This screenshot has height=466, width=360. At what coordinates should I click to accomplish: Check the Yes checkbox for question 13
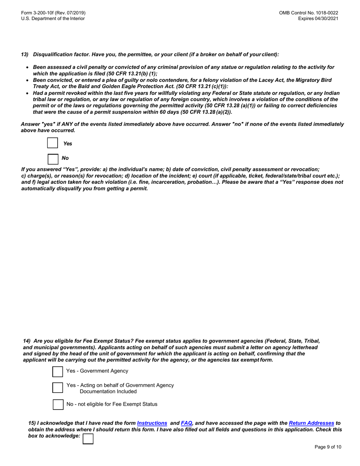coord(53,143)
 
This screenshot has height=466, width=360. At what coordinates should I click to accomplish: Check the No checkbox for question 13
coord(53,159)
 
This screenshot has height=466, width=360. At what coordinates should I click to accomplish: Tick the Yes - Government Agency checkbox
coord(58,372)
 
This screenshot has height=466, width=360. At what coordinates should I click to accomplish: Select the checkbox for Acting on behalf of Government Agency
coord(58,388)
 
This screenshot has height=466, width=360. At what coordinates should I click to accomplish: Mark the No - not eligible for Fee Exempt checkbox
coord(58,404)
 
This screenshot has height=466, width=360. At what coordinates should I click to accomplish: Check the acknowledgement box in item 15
coord(88,439)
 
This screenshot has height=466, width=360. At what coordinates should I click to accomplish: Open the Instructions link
coord(152,423)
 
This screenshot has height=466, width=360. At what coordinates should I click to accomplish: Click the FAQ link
coord(186,423)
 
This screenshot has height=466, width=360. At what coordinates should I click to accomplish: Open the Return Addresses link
coord(311,423)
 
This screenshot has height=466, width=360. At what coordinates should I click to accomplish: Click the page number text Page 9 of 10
coord(328,447)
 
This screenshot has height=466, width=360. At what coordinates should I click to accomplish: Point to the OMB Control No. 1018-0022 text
coord(308,13)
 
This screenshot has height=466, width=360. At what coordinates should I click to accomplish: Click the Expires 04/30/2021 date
coord(318,19)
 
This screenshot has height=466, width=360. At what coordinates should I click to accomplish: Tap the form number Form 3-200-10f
coord(53,13)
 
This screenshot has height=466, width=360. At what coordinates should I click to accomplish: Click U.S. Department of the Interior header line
coord(53,19)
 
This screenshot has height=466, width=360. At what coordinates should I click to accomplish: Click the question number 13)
coord(25,55)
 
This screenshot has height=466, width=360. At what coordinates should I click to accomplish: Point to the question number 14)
coord(27,341)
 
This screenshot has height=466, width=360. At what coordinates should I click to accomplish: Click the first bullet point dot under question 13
coord(27,67)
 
